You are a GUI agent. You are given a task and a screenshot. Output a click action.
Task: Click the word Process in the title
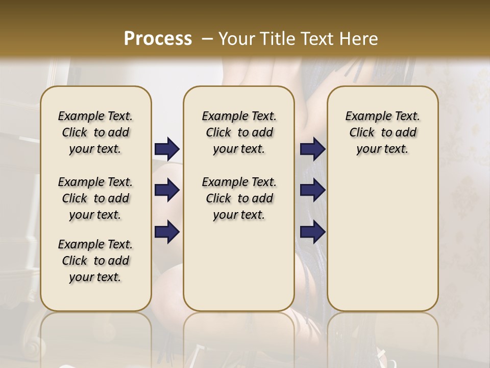click(x=158, y=38)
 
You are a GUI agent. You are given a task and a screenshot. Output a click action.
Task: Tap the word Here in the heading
click(x=359, y=39)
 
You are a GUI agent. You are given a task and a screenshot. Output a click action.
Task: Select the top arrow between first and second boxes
click(x=167, y=149)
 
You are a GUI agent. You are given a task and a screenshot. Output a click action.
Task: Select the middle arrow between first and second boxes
click(x=167, y=190)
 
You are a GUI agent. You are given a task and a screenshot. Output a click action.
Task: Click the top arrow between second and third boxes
click(x=312, y=149)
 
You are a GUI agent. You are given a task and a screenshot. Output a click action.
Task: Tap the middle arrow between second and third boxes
click(x=312, y=190)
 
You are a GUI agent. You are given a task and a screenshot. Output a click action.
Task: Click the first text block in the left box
click(x=95, y=132)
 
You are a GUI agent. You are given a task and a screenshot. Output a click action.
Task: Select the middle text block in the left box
click(x=95, y=198)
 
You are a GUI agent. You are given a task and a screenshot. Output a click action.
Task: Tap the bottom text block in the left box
click(x=95, y=261)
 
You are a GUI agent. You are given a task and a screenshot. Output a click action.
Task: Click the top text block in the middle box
click(x=239, y=132)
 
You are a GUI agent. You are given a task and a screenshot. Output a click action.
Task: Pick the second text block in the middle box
click(x=239, y=198)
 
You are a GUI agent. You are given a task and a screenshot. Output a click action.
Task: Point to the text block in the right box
click(x=383, y=132)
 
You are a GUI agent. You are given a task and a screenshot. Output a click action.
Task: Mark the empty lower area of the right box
click(x=383, y=235)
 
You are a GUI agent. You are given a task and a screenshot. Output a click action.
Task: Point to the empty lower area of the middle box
click(x=239, y=266)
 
